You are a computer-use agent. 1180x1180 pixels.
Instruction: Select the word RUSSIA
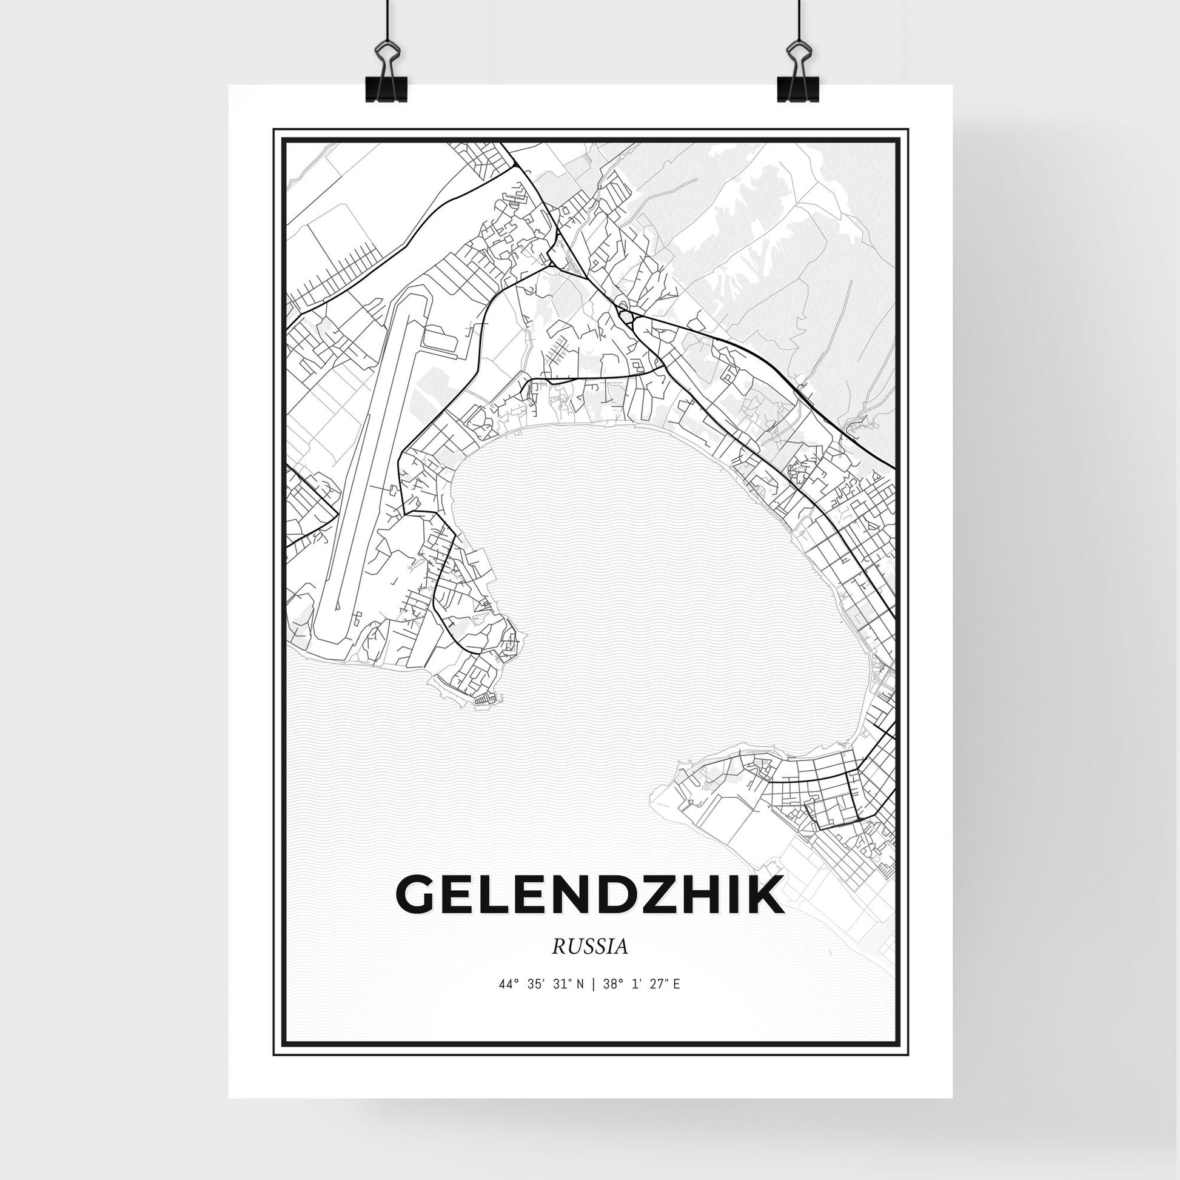[590, 964]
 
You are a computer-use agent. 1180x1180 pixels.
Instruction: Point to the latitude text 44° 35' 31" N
[541, 1001]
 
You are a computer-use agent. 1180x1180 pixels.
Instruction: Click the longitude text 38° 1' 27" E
[642, 1001]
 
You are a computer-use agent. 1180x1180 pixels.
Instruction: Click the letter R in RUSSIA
[558, 964]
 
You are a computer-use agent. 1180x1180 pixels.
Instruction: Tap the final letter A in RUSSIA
[622, 964]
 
